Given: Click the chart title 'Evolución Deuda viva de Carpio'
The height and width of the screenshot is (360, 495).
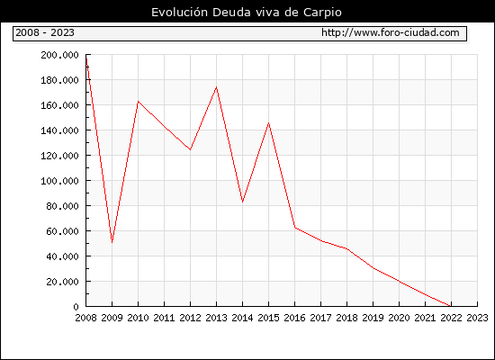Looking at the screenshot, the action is point(247,13).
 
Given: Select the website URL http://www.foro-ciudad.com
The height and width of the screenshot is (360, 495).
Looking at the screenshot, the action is point(391,32).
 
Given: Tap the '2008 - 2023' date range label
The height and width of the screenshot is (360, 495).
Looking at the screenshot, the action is point(45,32).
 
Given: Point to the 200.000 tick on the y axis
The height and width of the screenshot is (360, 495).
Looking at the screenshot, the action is point(59,55).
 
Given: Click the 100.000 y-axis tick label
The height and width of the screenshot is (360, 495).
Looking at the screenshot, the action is point(59,181).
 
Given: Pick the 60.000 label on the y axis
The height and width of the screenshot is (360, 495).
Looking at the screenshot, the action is point(62,231).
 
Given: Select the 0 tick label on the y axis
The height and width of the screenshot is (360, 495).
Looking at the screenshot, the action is point(76,307).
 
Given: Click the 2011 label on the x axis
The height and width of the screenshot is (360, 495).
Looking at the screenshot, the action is point(164,318).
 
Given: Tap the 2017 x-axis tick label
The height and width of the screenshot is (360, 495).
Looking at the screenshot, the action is point(320,318).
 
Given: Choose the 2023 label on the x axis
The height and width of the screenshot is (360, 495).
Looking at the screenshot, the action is point(477,318).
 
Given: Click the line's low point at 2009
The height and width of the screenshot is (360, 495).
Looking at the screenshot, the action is point(112,242).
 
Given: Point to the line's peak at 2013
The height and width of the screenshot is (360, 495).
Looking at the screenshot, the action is point(216,86).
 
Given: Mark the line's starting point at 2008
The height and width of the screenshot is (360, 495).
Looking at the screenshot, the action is point(86,58).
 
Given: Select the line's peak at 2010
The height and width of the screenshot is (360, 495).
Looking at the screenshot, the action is point(139,102).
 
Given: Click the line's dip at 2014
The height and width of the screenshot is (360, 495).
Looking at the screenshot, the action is point(242,202).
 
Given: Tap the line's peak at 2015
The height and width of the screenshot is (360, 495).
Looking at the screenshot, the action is point(269,122).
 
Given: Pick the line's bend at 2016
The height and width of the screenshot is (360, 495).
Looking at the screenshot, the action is point(295,228).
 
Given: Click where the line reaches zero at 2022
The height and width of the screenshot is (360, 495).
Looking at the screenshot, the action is point(451,306).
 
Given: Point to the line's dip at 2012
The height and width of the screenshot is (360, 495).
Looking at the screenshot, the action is point(191,149).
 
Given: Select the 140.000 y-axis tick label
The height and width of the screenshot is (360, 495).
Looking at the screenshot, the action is point(59,130).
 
